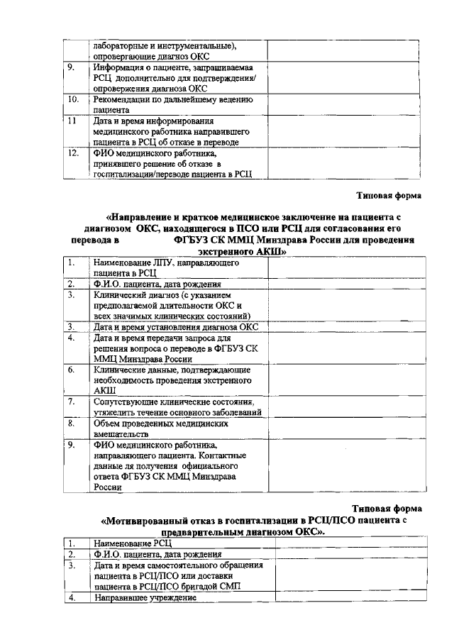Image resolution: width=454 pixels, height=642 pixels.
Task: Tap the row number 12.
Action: point(72,153)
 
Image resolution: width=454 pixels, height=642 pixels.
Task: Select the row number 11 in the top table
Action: point(71,121)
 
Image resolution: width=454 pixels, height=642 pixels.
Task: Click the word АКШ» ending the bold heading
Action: point(272,250)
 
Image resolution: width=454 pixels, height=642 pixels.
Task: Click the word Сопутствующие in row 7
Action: point(126,402)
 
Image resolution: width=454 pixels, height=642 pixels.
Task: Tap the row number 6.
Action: point(72,369)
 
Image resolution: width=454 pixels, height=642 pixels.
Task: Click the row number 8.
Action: point(72,423)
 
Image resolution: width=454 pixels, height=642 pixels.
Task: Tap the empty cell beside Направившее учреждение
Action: point(347,597)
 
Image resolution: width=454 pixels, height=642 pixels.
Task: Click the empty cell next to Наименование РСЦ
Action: point(347,543)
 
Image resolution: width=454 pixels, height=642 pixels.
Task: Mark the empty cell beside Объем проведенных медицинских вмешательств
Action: point(347,428)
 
